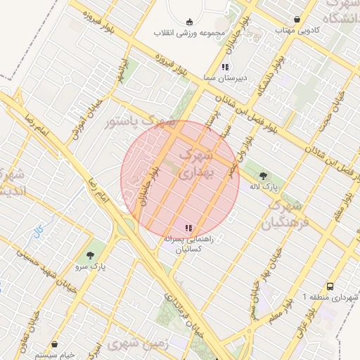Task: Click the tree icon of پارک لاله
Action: tap(263, 176)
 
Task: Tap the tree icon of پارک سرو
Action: tap(89, 255)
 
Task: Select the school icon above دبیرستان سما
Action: tap(224, 67)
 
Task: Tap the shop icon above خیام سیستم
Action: tap(56, 345)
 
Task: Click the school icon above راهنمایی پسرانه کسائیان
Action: tap(188, 228)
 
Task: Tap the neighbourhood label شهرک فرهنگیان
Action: tap(283, 215)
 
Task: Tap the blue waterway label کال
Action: tap(39, 231)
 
